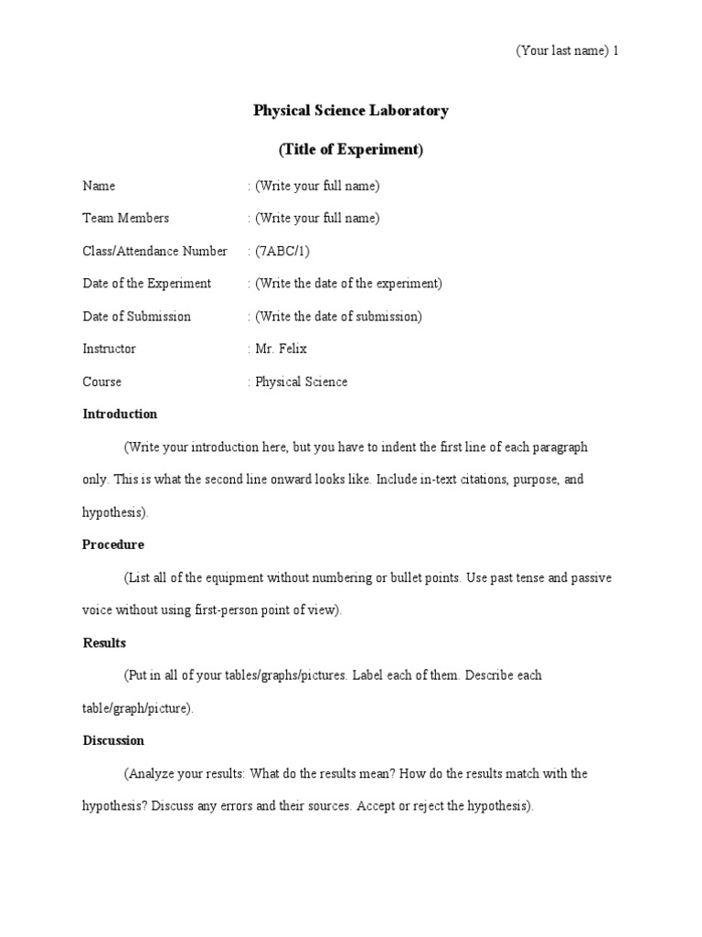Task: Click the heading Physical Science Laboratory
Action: tap(350, 111)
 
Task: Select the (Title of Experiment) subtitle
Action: tap(350, 149)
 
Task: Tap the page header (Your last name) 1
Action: tap(567, 50)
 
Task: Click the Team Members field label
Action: tap(125, 218)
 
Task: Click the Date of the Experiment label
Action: tap(146, 284)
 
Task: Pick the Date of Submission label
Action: tap(136, 317)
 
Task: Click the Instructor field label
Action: tap(109, 349)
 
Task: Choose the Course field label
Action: tap(101, 382)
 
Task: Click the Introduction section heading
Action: tap(120, 414)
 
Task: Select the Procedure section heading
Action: tap(113, 544)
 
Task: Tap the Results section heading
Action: tap(104, 642)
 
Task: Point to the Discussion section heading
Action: tap(113, 740)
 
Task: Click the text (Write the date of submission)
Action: tap(338, 317)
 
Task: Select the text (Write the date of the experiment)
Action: tap(348, 284)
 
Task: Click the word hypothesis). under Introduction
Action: tap(115, 512)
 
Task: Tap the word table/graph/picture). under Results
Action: tap(138, 708)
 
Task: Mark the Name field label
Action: tap(99, 186)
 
